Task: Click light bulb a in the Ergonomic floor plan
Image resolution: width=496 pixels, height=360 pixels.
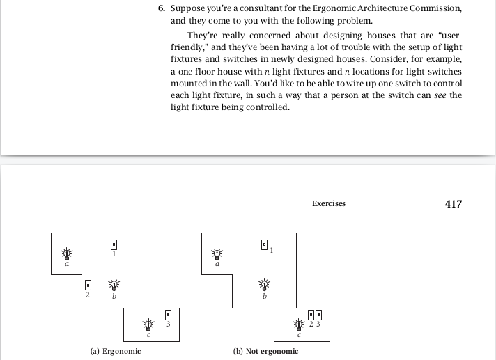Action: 67,253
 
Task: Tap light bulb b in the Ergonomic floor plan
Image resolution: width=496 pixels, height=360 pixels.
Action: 114,285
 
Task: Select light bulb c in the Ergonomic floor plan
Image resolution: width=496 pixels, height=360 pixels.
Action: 148,324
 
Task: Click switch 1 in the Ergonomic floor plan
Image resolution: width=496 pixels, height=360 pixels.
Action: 114,244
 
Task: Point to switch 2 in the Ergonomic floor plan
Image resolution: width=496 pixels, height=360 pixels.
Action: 88,285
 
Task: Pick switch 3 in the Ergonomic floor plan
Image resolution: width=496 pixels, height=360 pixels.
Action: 168,315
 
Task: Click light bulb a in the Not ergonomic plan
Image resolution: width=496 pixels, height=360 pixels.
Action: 217,253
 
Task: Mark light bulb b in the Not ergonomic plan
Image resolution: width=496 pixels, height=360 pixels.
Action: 264,285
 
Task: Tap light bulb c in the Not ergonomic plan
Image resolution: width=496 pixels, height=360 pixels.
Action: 299,324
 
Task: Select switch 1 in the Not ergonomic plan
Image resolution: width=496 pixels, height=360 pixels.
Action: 264,244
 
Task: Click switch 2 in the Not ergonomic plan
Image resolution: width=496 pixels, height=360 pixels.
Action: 311,315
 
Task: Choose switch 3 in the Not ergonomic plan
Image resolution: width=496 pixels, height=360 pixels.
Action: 319,315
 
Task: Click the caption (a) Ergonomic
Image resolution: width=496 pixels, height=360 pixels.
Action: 116,351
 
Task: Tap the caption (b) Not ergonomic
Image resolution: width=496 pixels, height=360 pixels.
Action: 265,351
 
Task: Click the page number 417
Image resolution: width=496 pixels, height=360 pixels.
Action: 453,204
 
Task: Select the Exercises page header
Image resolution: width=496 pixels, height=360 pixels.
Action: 329,204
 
